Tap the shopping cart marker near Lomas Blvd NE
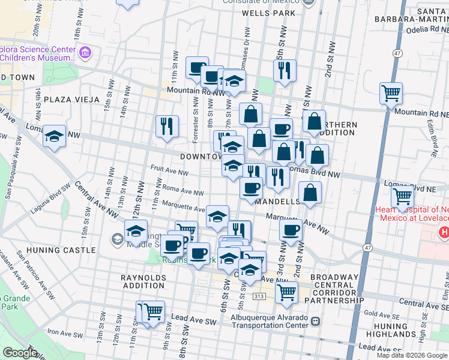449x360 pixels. point(402,196)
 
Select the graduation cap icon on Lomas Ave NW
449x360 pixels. point(55,136)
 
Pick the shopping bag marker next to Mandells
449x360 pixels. point(310,193)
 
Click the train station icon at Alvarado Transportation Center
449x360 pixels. point(315,322)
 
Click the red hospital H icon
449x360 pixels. point(444,232)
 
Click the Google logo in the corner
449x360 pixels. point(20,353)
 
